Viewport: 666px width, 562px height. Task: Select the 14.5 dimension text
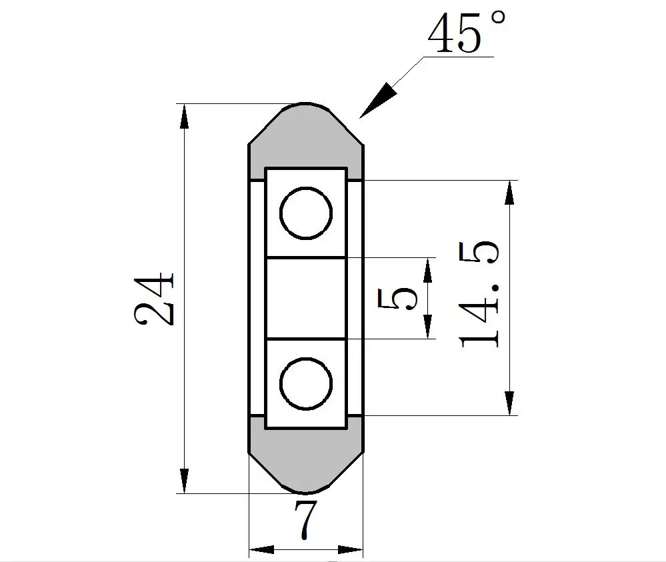[478, 295]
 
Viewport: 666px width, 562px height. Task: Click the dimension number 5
[397, 298]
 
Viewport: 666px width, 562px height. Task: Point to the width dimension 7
[306, 520]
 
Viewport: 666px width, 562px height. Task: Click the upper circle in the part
[306, 187]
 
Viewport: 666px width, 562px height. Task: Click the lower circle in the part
[306, 359]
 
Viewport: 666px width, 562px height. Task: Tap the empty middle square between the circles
[305, 298]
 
